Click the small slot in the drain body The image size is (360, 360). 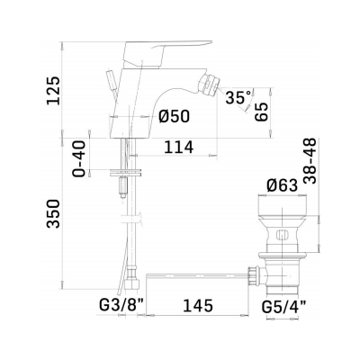[280, 237]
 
